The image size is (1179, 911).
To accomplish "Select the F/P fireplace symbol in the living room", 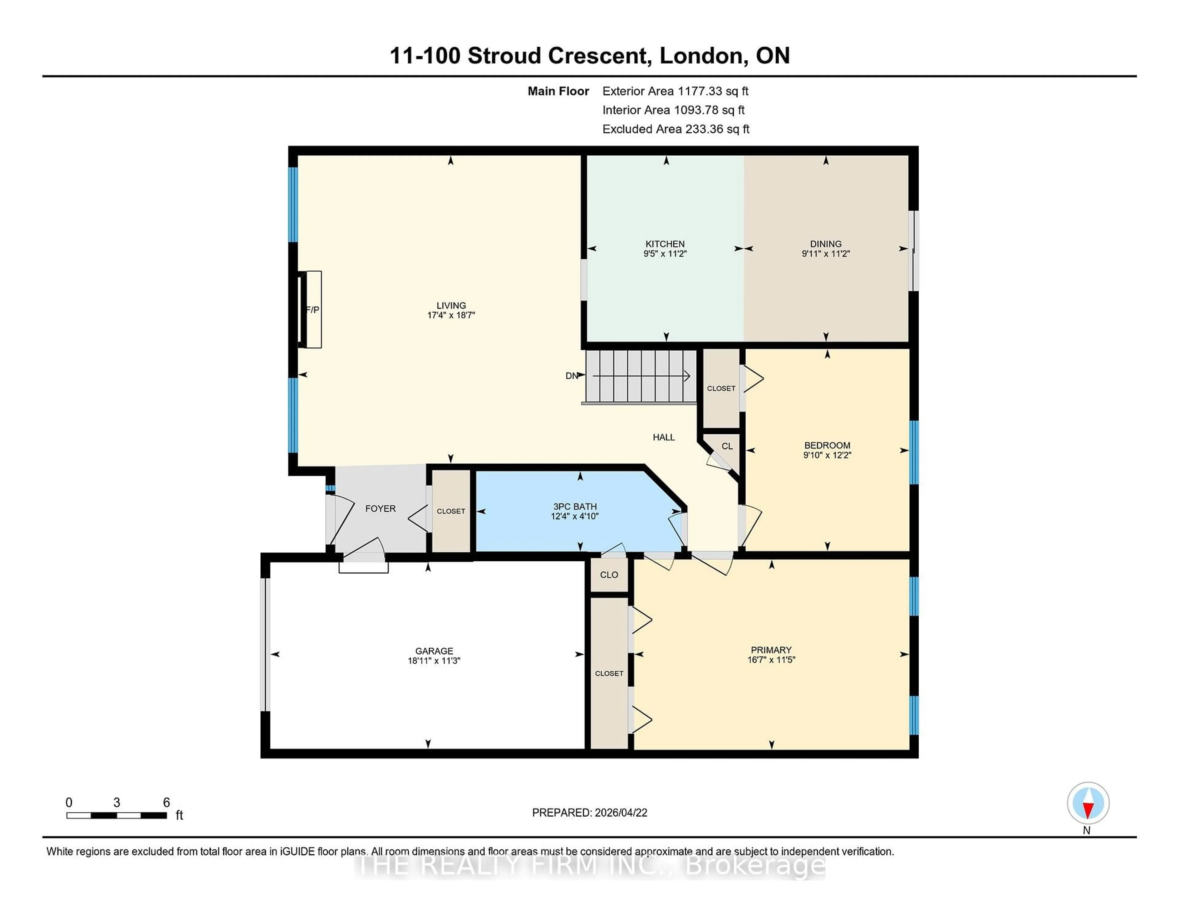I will (x=312, y=309).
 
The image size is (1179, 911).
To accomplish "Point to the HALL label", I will (x=663, y=437).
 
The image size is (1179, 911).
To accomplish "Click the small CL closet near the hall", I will (x=727, y=446).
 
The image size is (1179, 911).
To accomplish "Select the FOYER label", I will (x=380, y=508).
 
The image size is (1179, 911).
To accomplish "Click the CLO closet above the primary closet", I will (x=609, y=575).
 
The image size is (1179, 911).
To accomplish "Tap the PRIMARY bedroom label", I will (x=771, y=650).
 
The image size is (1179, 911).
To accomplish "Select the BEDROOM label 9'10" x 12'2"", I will (x=827, y=450).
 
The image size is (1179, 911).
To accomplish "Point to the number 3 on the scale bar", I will (x=117, y=803).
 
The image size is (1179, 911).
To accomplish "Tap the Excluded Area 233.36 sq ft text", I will (x=675, y=129).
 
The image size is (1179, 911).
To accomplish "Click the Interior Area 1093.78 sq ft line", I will (x=673, y=110).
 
